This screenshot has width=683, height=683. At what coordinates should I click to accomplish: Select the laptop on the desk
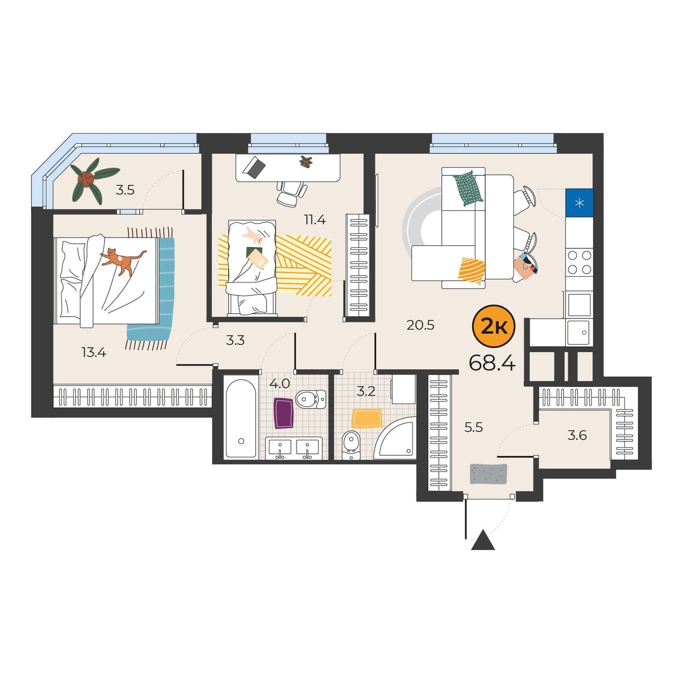click(x=255, y=167)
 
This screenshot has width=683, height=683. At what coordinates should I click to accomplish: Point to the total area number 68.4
click(x=492, y=363)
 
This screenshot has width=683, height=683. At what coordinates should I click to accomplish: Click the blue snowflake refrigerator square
click(x=579, y=203)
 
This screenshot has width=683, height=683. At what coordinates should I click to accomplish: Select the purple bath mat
click(x=284, y=413)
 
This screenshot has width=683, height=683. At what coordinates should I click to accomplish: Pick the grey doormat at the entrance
click(x=488, y=474)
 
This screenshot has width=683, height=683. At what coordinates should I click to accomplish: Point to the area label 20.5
click(x=420, y=325)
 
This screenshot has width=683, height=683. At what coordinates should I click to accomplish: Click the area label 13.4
click(x=94, y=353)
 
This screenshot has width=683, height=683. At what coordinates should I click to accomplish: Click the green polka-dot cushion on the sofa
click(x=468, y=188)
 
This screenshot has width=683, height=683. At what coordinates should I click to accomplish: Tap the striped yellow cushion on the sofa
click(x=471, y=271)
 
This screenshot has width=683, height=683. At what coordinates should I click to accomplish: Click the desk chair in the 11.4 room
click(x=292, y=194)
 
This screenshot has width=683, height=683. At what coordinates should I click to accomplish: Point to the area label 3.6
click(x=577, y=435)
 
